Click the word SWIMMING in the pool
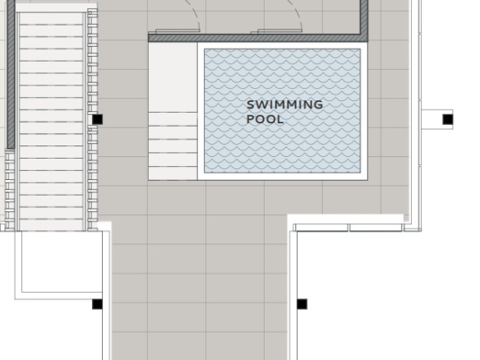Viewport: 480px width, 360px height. tap(284, 104)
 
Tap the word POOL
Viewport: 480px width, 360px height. tap(265, 119)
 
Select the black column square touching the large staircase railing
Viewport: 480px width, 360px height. tap(97, 119)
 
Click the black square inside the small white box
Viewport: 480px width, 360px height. tap(448, 119)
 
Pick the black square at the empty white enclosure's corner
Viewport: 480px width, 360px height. tap(97, 304)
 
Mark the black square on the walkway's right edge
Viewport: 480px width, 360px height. tap(302, 304)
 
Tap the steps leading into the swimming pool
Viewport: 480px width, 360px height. tap(173, 146)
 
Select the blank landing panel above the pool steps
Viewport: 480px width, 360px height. tap(173, 77)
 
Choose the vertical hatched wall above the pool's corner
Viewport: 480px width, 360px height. tap(364, 18)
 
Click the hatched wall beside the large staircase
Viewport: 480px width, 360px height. tap(11, 74)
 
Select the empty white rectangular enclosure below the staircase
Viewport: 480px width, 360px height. tap(58, 265)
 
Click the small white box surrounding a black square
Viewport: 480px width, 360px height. tap(437, 119)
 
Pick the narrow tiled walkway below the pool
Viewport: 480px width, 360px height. tap(199, 288)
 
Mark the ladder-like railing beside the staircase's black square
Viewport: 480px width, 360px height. tap(92, 119)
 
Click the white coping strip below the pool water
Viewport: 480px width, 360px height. tap(282, 177)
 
